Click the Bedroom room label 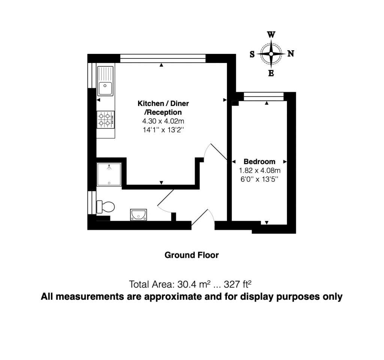pos(259,162)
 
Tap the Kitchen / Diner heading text pos(163,103)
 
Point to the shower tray pos(109,174)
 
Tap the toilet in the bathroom pos(105,206)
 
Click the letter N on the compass pos(290,54)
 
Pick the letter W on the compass pos(271,35)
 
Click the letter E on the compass pos(271,73)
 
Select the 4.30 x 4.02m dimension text pos(163,121)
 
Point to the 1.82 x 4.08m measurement pos(259,170)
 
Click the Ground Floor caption pos(192,255)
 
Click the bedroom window pos(263,97)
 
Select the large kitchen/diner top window pos(163,58)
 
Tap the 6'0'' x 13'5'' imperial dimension pos(259,179)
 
